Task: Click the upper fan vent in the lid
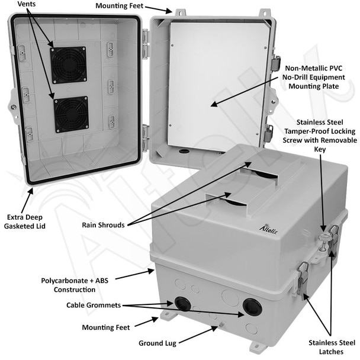point(69,65)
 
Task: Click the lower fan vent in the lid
point(72,114)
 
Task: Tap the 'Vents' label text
point(27,4)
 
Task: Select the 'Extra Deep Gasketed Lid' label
point(24,221)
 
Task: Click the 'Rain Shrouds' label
point(103,225)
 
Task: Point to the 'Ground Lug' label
point(157,343)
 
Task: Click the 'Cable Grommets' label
point(94,305)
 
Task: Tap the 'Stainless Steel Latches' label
point(332,347)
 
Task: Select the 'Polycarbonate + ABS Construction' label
point(75,285)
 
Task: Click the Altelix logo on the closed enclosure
point(269,229)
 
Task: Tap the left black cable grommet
point(182,303)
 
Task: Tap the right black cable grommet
point(252,307)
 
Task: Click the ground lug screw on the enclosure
point(221,324)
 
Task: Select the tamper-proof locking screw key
point(324,242)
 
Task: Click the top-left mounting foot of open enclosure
point(180,12)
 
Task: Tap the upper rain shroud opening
point(259,174)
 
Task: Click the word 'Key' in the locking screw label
point(320,149)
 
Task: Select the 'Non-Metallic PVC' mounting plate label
point(314,68)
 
